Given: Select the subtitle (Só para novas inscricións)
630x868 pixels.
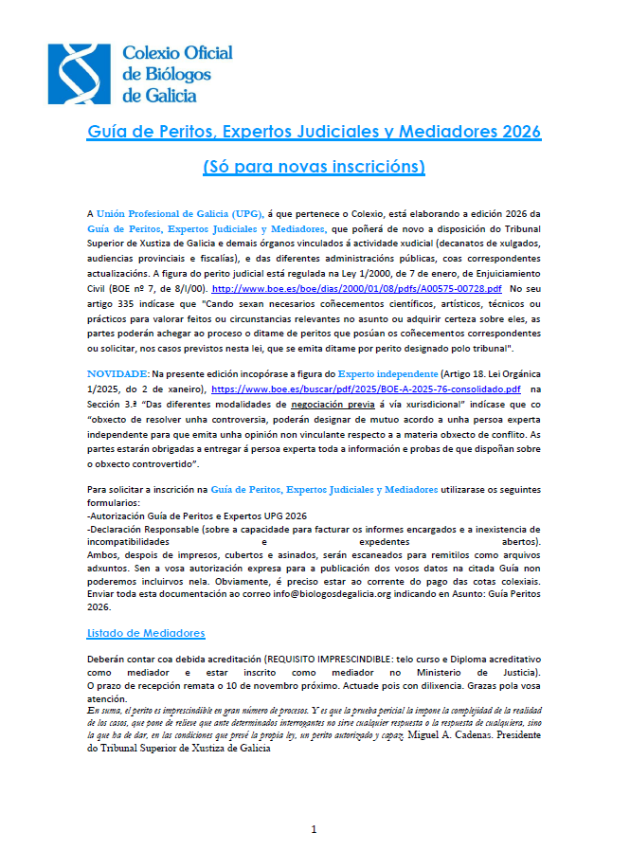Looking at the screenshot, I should [315, 167].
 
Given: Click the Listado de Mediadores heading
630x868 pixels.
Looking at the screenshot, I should [146, 633].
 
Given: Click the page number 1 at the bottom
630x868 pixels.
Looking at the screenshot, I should [315, 830].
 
